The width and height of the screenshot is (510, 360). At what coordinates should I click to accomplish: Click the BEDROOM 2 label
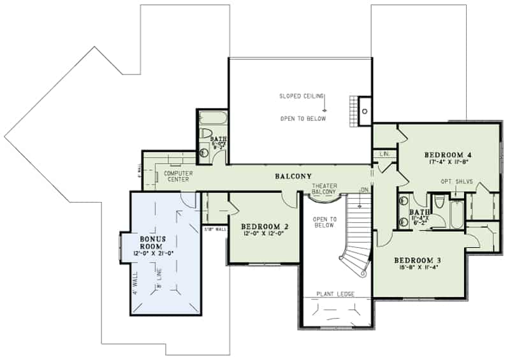tap(265, 226)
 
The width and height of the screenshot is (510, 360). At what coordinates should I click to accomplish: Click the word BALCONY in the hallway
tap(293, 176)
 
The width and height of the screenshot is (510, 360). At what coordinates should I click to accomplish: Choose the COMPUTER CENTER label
tap(178, 176)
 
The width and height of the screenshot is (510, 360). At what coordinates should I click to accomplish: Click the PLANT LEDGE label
tap(335, 294)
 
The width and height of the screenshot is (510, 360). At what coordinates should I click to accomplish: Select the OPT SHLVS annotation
tap(456, 182)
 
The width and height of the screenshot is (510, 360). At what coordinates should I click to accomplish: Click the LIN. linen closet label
tap(384, 154)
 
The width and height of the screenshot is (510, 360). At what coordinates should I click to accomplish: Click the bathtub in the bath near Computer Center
tap(211, 119)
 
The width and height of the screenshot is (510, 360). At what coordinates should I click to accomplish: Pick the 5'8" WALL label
tap(214, 229)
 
